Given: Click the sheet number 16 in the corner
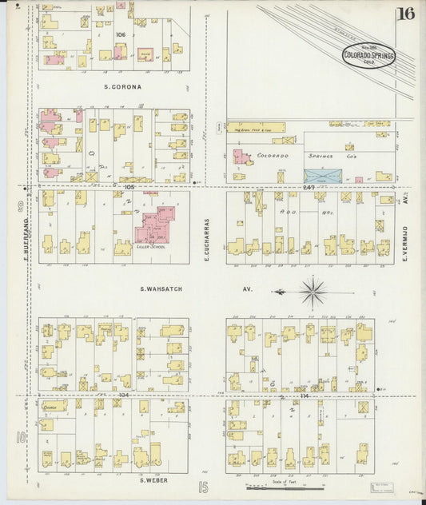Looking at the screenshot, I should click(408, 13).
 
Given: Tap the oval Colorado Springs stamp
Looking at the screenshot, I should click(368, 55).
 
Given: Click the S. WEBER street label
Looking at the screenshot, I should click(152, 479).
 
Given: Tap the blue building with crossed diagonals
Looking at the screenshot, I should click(322, 175).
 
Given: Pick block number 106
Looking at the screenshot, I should click(121, 34).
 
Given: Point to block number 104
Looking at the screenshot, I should click(121, 395).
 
